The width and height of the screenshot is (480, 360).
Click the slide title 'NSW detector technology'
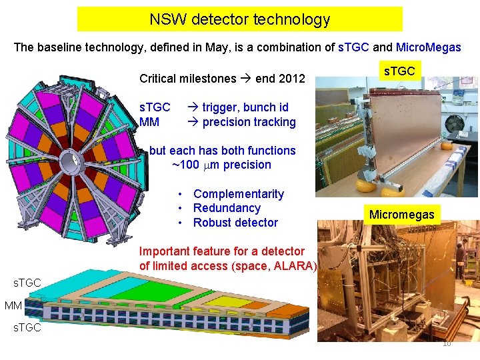tap(239, 19)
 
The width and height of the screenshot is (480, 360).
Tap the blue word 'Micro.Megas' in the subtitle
tap(428, 48)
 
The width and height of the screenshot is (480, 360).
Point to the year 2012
tap(291, 79)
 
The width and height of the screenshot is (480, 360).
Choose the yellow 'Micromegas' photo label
tap(401, 214)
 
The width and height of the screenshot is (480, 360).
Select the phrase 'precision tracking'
tap(249, 122)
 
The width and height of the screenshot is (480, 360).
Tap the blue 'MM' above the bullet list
tap(149, 122)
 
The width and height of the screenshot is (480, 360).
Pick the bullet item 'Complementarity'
tap(238, 194)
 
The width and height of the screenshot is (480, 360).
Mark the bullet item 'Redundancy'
tap(226, 208)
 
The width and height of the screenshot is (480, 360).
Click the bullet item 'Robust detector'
tap(235, 223)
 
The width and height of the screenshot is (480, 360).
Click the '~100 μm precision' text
tap(221, 165)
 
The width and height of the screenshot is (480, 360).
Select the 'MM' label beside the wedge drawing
tap(13, 305)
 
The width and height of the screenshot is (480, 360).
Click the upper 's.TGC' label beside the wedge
tap(27, 283)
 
